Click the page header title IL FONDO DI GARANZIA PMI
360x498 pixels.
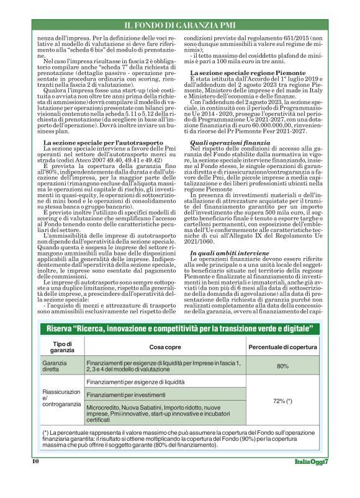point(179,25)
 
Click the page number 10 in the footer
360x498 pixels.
point(36,478)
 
